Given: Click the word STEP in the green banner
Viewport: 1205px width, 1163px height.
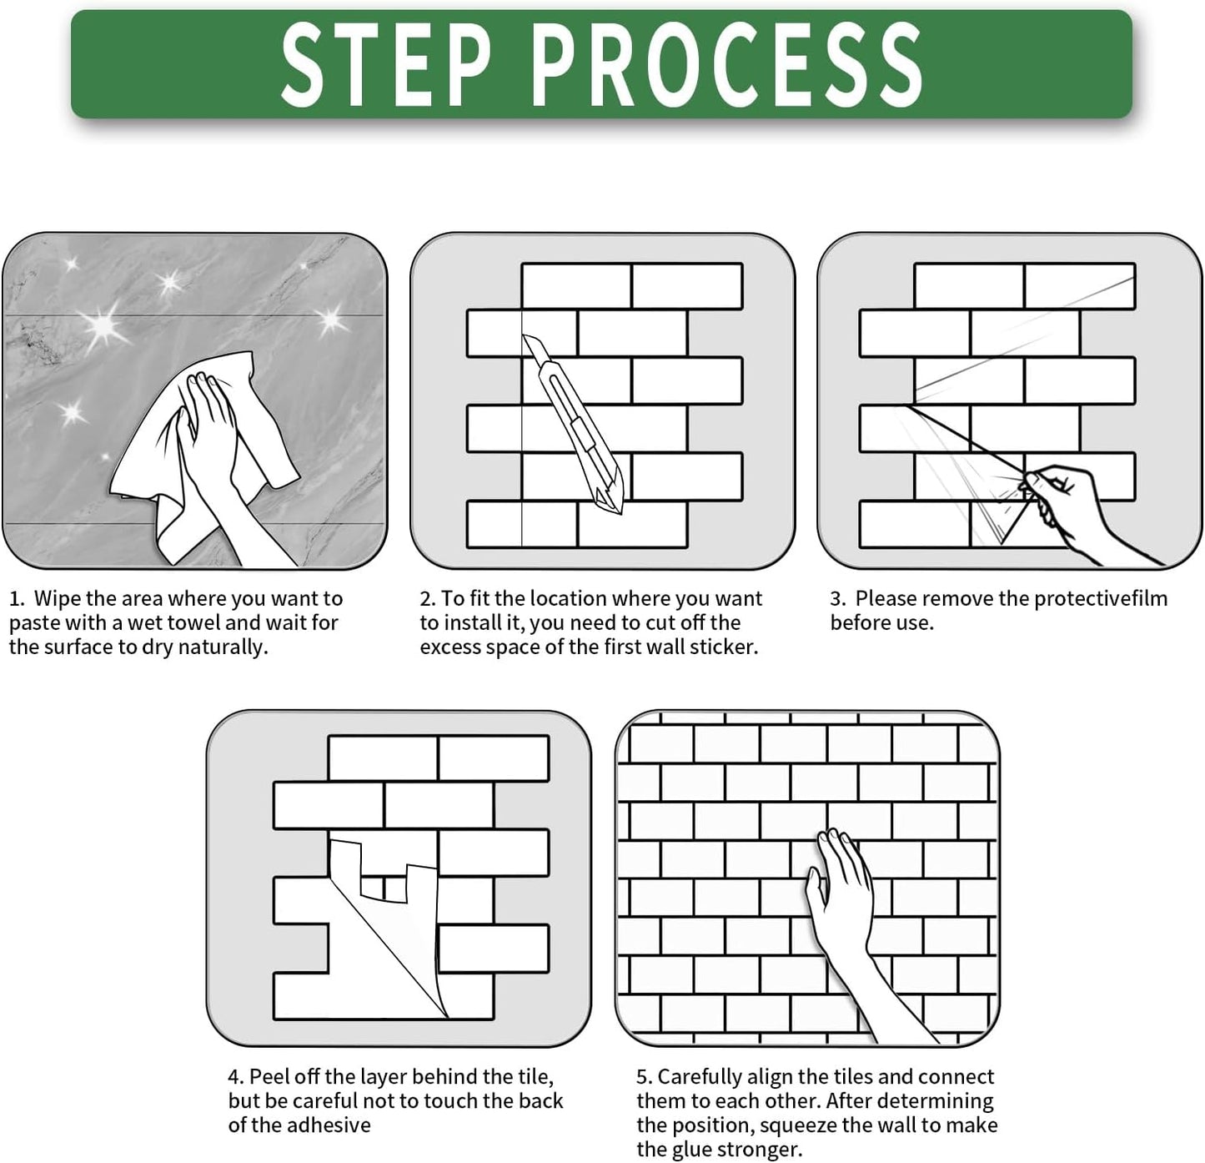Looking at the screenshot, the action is pyautogui.click(x=386, y=64).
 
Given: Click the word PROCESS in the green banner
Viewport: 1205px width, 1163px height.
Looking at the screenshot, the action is pyautogui.click(x=727, y=64).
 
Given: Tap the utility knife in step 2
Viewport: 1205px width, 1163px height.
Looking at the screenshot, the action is pyautogui.click(x=574, y=424).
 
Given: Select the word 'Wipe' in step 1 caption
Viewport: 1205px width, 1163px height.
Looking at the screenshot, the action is pyautogui.click(x=57, y=599).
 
